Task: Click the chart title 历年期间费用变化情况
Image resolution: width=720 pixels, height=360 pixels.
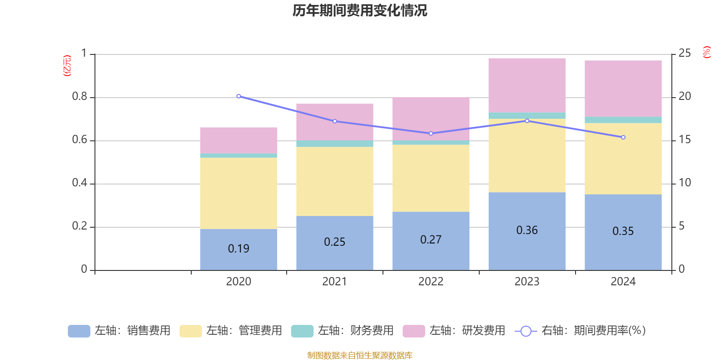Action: coord(360,10)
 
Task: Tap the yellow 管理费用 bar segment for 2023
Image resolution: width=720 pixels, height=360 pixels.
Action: coord(527,156)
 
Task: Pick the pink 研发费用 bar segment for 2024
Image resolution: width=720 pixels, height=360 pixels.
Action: coord(623,88)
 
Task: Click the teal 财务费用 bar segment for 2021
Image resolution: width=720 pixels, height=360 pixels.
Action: coord(335,144)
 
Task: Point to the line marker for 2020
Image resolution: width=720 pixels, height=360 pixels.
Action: coord(238,96)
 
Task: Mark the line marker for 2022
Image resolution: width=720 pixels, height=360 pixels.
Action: coord(431,134)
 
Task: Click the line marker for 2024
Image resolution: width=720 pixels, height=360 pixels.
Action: coord(623,137)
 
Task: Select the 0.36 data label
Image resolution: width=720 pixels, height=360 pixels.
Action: coord(527,230)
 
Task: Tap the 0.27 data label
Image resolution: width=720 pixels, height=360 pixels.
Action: coord(431,240)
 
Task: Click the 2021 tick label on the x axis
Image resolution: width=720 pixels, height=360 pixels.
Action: coord(334,282)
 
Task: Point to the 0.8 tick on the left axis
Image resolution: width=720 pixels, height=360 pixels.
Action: coord(80,97)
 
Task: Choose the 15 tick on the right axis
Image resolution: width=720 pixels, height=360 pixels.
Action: coord(684,139)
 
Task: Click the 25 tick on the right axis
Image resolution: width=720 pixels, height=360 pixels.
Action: coord(684,54)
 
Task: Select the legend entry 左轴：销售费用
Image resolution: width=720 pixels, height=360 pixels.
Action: coord(119,331)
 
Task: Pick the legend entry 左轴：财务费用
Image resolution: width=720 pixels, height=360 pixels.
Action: coord(342,331)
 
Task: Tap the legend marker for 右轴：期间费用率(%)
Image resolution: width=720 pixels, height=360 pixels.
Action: coord(526,331)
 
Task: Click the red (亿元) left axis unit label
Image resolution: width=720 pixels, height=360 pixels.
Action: coord(67,66)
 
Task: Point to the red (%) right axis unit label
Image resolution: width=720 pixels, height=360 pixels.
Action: coord(706,52)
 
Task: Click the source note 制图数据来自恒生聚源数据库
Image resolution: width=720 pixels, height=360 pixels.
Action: coord(360,355)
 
